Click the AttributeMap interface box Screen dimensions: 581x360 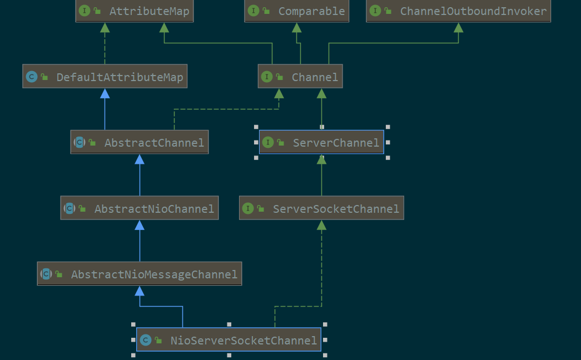point(135,11)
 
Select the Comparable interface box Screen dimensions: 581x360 point(296,11)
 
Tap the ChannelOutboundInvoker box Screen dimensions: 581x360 point(458,11)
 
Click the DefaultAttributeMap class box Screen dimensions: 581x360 point(105,76)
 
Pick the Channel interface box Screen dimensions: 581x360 point(300,76)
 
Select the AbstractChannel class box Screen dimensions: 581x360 point(140,142)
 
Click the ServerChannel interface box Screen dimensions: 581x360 point(321,142)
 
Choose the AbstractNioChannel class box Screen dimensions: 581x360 point(140,208)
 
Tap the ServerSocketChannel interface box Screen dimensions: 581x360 point(321,208)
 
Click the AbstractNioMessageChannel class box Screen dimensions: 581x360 point(140,274)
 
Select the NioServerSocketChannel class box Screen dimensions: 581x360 point(229,339)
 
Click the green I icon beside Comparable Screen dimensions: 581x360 point(254,11)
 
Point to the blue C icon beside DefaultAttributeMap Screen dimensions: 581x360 point(32,77)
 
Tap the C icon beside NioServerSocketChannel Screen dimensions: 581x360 point(146,340)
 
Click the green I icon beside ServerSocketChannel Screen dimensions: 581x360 point(248,208)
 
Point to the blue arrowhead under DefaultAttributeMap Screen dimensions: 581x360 point(105,93)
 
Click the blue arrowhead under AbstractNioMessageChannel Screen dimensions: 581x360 point(140,291)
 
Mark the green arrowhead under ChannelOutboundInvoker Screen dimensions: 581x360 point(458,27)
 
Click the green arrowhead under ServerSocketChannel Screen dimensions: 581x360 point(321,225)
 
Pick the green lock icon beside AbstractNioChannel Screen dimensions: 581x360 point(82,209)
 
